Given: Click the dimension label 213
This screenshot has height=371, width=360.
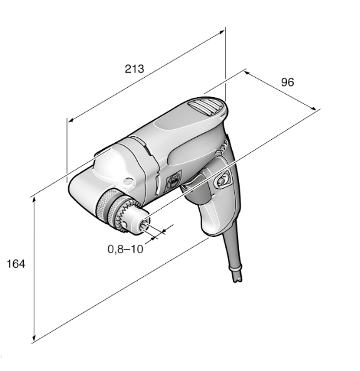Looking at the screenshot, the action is (134, 69).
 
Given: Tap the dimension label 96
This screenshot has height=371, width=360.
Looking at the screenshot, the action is (287, 82).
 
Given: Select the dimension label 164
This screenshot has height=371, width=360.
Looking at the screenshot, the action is (16, 264).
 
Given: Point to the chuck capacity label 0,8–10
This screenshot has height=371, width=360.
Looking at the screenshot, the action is (125, 249).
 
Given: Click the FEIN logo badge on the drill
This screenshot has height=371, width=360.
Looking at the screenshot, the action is (173, 180).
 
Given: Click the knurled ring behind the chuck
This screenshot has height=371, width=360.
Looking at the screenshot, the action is (105, 203).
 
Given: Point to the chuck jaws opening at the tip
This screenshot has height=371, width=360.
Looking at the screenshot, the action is (145, 224).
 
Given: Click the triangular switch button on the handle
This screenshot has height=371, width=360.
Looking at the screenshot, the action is (222, 180).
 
